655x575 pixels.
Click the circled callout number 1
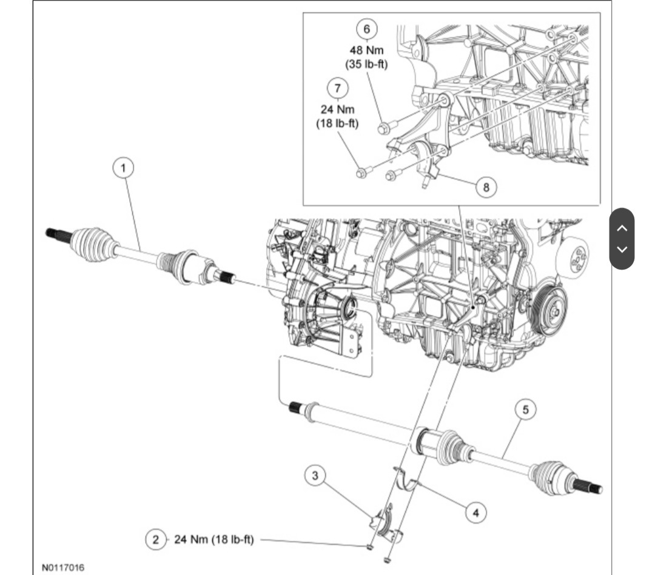tap(124, 167)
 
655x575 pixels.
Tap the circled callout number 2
tap(156, 539)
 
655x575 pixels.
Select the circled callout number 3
tap(315, 476)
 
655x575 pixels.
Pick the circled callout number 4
tap(475, 513)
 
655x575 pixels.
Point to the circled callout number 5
tap(525, 410)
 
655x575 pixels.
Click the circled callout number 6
tap(366, 28)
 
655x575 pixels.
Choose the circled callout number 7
tap(337, 87)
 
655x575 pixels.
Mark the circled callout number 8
tap(485, 187)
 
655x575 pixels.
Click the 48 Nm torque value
tap(366, 51)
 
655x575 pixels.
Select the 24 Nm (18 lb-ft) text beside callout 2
tap(214, 539)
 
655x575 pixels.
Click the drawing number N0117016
tap(63, 568)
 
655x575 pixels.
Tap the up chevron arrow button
tap(622, 228)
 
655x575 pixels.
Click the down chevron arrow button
tap(622, 249)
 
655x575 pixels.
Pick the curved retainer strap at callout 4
tap(412, 481)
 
